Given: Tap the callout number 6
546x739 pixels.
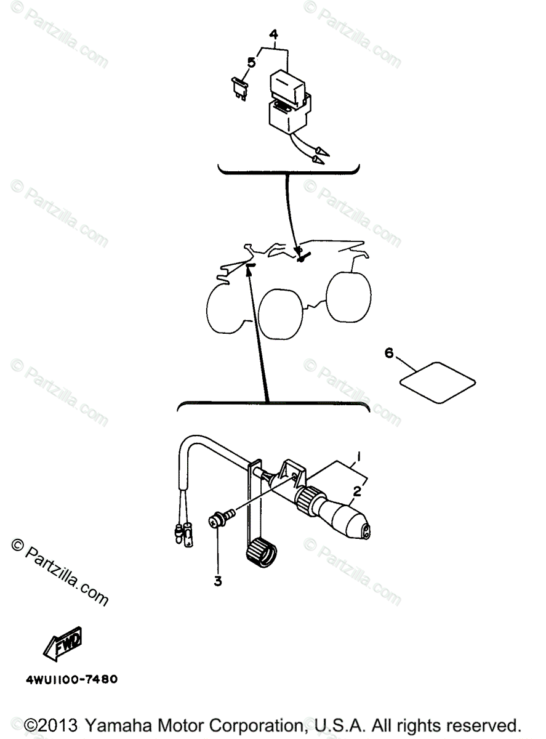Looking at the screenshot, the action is [388, 353].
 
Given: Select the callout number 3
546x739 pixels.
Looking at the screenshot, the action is [218, 581].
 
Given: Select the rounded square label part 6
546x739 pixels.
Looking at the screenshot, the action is [438, 383].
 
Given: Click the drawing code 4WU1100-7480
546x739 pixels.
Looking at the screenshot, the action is [71, 680].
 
